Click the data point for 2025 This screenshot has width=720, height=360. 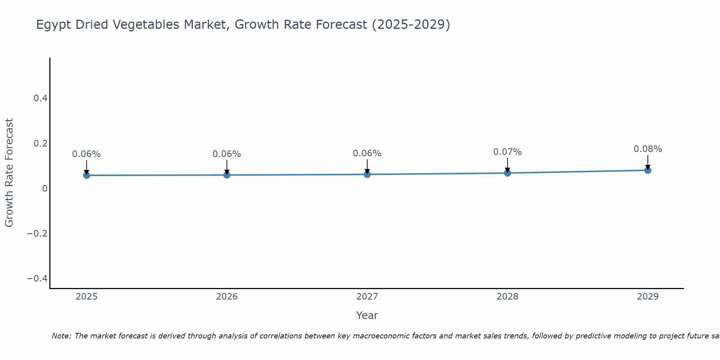(x=86, y=175)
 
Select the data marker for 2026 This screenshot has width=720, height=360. (x=227, y=175)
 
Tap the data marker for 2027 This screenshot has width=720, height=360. (x=367, y=175)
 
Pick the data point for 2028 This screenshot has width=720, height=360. (x=507, y=173)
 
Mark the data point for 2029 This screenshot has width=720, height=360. (x=648, y=170)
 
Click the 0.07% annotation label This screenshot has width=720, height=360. (x=507, y=152)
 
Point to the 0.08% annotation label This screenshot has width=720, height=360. (x=648, y=149)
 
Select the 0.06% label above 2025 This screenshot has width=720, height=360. (x=86, y=154)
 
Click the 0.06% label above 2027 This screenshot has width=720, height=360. (x=367, y=153)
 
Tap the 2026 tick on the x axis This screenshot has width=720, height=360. (x=227, y=297)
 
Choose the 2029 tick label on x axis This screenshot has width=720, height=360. (x=648, y=297)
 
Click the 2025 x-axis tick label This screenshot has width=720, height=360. (x=86, y=297)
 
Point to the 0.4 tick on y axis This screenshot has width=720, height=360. (x=40, y=98)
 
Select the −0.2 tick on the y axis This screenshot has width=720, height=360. (x=37, y=233)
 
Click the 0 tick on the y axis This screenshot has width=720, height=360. (x=45, y=188)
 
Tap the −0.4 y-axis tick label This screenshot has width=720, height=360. (x=37, y=279)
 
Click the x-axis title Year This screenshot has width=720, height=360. (x=367, y=315)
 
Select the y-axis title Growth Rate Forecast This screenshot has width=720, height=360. (x=9, y=173)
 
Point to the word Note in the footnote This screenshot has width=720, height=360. (x=61, y=336)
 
